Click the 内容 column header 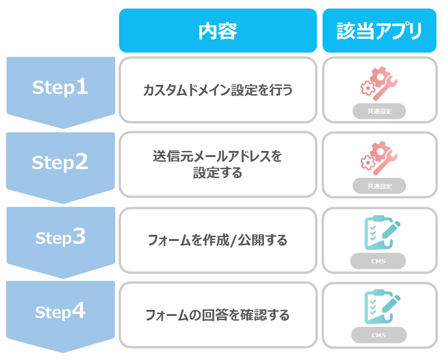(x=218, y=30)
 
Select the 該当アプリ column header (x=379, y=30)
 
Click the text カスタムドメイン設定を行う (x=218, y=90)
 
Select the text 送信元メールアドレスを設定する (x=218, y=165)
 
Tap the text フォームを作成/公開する (x=218, y=240)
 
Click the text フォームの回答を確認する (x=218, y=315)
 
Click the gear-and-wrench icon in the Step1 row (x=379, y=83)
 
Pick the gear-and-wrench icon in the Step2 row (x=379, y=158)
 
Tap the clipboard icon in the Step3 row (x=382, y=232)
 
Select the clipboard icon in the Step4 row (x=382, y=307)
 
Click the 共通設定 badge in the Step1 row (x=379, y=112)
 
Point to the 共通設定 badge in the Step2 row (x=379, y=186)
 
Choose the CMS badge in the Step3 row (x=378, y=261)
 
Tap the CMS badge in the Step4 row (x=379, y=335)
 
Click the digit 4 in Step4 (x=78, y=310)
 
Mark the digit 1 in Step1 (x=82, y=86)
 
